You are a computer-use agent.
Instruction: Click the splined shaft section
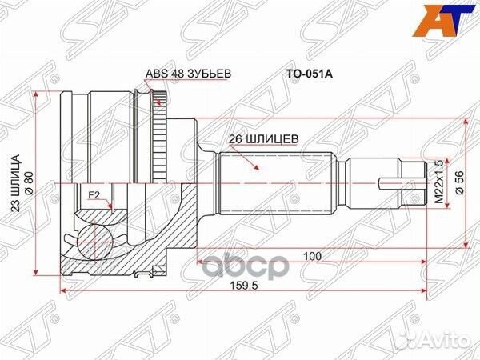(x=272, y=182)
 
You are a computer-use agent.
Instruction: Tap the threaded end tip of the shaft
(x=414, y=182)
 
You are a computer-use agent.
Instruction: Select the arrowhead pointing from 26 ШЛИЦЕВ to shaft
(x=257, y=168)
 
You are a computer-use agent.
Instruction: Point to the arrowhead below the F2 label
(x=108, y=206)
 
